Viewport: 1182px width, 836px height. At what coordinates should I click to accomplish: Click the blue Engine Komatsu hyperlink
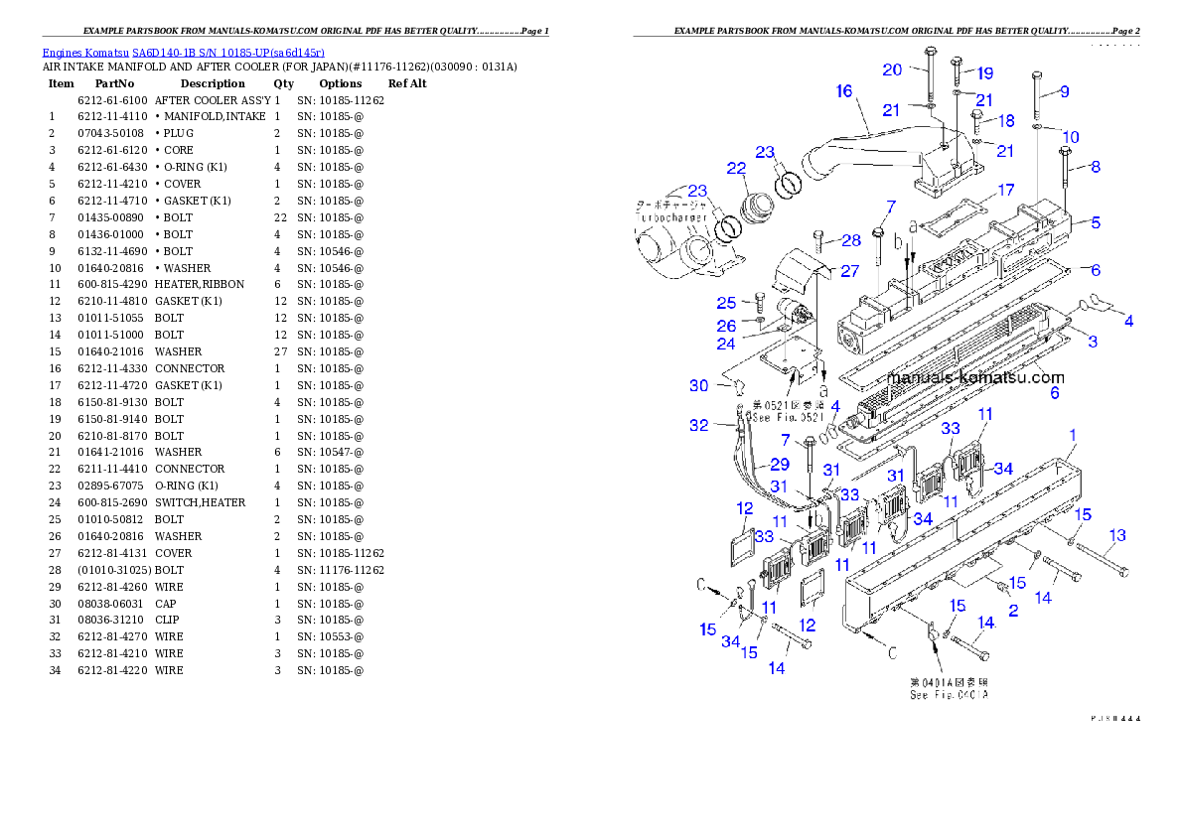[183, 52]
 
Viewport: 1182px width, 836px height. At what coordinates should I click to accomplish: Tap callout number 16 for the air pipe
[844, 91]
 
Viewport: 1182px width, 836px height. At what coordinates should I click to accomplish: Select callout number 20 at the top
[892, 70]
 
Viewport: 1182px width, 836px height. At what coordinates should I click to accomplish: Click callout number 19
[984, 73]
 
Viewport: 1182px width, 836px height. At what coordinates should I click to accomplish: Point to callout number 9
[1064, 91]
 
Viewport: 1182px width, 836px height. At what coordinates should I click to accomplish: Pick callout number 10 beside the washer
[1070, 136]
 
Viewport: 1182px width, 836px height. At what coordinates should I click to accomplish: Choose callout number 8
[1096, 168]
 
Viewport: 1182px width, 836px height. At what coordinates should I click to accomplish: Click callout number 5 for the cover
[1096, 223]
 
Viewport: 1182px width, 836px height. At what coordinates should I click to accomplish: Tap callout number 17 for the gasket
[1006, 190]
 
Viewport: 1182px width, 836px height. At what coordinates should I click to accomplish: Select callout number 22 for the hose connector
[736, 169]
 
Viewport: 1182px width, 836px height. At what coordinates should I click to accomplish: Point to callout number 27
[850, 270]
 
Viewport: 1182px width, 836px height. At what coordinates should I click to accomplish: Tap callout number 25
[726, 302]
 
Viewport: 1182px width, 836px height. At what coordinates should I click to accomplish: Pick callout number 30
[726, 385]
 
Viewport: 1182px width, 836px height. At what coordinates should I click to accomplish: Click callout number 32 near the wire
[699, 425]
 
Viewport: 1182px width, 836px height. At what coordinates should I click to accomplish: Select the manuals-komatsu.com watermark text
[974, 377]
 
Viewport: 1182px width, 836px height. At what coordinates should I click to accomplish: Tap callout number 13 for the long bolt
[1117, 536]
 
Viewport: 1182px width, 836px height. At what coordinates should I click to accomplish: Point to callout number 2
[1013, 612]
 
